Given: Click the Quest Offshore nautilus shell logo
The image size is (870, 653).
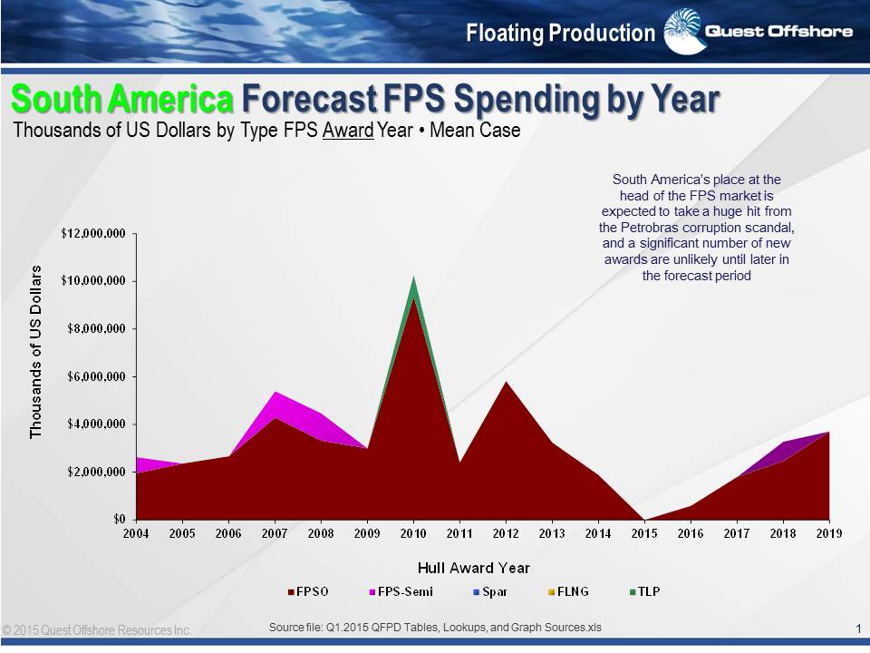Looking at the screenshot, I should point(681,30).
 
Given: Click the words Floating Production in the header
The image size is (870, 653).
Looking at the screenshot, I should point(560,34).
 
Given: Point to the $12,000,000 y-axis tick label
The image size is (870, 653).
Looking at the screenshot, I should point(93,233).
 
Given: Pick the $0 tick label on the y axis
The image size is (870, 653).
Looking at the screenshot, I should point(119,520).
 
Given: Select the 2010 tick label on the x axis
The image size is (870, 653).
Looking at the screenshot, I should point(413,533).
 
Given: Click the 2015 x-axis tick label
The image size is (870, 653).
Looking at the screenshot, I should point(644,533).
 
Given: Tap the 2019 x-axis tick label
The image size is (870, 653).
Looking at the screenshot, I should point(829,533).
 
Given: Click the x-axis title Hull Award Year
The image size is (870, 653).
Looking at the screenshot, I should point(474,568).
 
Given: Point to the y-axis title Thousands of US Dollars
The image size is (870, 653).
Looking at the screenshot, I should point(36,353).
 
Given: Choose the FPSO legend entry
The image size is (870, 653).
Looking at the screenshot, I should point(308,591).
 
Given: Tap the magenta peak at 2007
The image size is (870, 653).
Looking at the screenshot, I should point(275,395).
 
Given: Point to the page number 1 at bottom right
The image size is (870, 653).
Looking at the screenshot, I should point(857,629).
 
